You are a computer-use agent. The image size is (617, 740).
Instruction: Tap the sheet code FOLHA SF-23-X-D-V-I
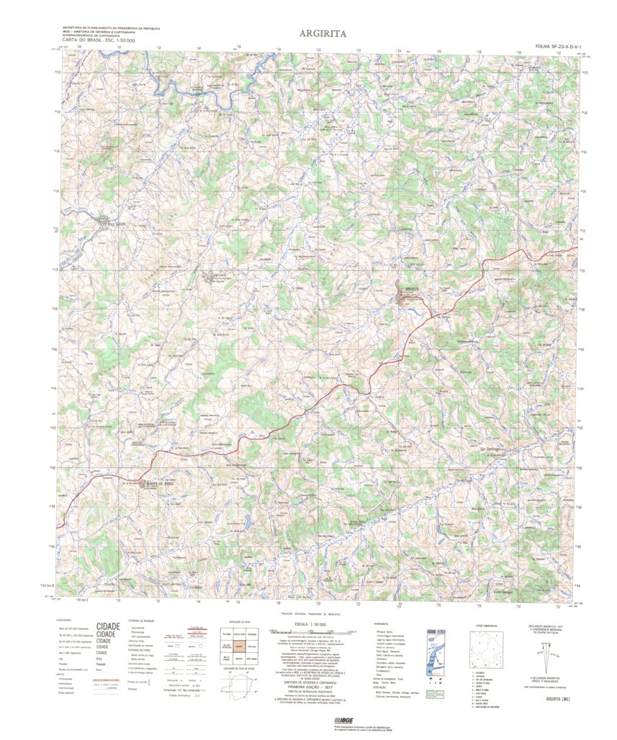pyautogui.click(x=558, y=46)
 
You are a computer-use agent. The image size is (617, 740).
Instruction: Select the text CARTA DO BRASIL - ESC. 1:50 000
pyautogui.click(x=99, y=40)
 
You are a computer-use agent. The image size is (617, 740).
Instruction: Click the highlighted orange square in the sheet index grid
pyautogui.click(x=238, y=646)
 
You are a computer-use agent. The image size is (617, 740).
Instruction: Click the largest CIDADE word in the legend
pyautogui.click(x=107, y=626)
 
